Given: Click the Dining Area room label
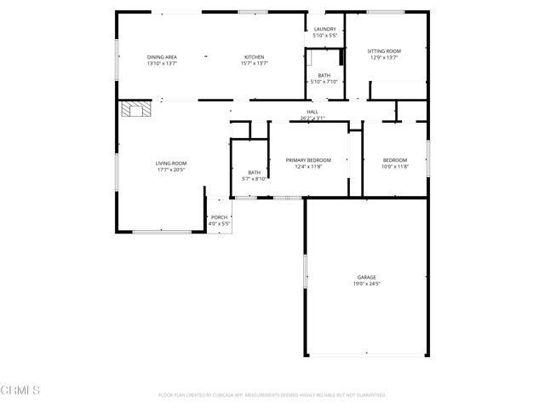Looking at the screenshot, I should [162, 56].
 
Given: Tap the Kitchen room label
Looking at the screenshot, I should [255, 56].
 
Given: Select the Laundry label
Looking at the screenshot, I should [324, 30].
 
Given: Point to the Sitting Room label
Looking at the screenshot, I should [384, 51].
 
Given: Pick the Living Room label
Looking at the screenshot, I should [170, 164].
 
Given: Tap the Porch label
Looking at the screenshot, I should [220, 217].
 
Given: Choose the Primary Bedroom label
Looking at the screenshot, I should [308, 160].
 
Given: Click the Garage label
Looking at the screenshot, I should [366, 277].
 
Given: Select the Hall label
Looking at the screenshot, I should [313, 112].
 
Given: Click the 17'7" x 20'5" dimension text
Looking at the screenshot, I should [170, 170].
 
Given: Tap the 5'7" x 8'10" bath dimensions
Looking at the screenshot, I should [255, 179].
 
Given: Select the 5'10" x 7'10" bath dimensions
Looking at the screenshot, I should [324, 82].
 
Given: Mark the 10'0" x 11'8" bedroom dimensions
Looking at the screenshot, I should [395, 166].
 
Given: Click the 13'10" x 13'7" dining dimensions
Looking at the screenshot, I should [162, 63].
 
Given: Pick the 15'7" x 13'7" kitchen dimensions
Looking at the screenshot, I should [255, 63].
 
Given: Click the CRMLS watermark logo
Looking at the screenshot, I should [20, 391].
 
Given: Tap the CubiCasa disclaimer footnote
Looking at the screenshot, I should [272, 395].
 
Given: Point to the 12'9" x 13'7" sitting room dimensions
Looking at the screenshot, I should [384, 58].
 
